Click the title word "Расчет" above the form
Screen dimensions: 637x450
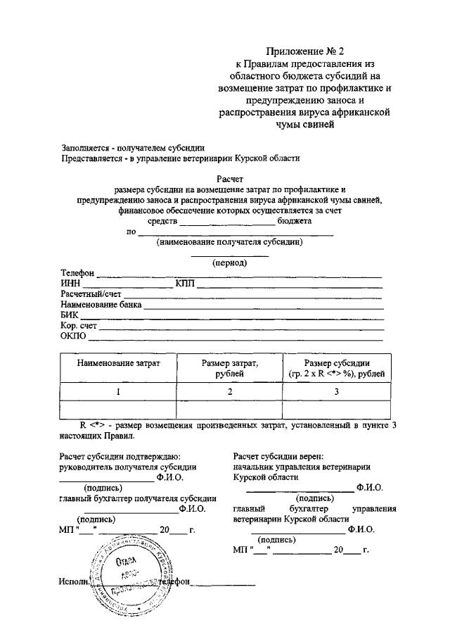[x=229, y=179]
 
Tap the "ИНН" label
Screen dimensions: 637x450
[x=70, y=284]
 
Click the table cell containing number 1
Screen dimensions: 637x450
[x=118, y=391]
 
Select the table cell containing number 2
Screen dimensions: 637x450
[x=229, y=391]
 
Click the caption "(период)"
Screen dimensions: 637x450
[x=229, y=263]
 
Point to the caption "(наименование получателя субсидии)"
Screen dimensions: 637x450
[x=229, y=242]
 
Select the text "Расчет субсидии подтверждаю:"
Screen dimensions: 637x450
[x=122, y=456]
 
